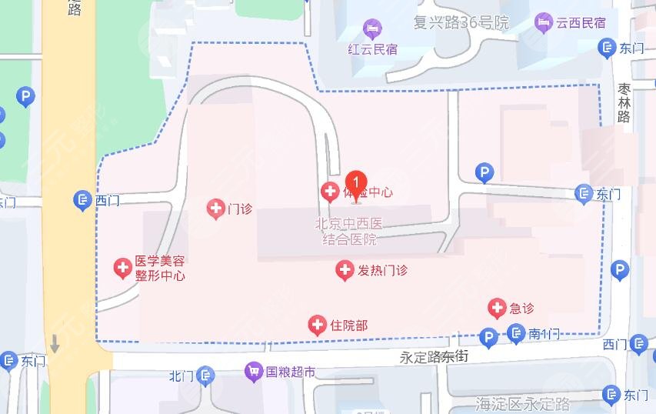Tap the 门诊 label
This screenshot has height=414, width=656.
pyautogui.click(x=240, y=209)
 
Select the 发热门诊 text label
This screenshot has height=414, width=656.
pyautogui.click(x=382, y=270)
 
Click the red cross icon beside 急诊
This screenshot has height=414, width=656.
pyautogui.click(x=498, y=309)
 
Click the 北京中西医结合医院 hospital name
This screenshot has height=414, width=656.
pyautogui.click(x=349, y=232)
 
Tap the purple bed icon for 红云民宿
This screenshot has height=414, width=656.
pyautogui.click(x=373, y=28)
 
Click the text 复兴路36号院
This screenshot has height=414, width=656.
pyautogui.click(x=461, y=22)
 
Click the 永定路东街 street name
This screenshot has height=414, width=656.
pyautogui.click(x=434, y=357)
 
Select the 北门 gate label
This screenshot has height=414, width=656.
pyautogui.click(x=181, y=376)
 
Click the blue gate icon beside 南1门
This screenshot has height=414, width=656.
pyautogui.click(x=516, y=334)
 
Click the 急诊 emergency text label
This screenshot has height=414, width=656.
pyautogui.click(x=521, y=309)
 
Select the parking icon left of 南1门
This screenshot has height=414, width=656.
pyautogui.click(x=488, y=337)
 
